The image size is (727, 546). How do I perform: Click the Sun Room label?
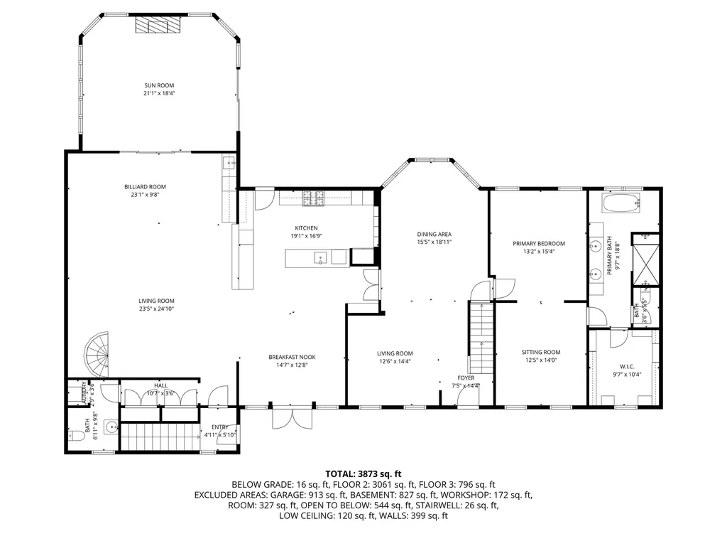point(159,85)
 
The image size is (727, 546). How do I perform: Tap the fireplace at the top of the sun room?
point(159,26)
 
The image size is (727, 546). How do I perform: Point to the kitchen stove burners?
point(314,199)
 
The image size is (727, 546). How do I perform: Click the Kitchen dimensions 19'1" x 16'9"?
point(307,237)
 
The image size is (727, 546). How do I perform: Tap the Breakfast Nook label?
point(292,357)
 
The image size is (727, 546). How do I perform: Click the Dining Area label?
point(434,234)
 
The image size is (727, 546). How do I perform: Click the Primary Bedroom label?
point(538,243)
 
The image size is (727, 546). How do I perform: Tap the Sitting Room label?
point(541,352)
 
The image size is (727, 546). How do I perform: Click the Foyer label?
point(466,378)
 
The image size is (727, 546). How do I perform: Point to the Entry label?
point(219,427)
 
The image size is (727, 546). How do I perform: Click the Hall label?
point(160,385)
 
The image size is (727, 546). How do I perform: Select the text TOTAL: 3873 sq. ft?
point(363,473)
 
